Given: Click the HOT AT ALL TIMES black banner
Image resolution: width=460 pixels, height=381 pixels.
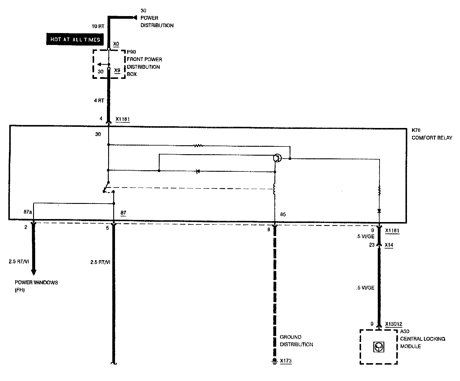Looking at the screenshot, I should tap(75, 39).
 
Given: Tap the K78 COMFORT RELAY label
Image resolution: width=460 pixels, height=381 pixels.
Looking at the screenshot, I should tap(432, 134).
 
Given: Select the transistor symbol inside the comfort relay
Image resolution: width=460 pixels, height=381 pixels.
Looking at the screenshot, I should tap(277, 158).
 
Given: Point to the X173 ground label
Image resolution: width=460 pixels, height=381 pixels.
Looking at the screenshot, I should tap(286, 361).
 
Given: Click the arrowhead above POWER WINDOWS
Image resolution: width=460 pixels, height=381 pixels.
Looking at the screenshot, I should tap(34, 272).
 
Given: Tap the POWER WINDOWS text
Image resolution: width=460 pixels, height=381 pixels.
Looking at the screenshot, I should tap(36, 282).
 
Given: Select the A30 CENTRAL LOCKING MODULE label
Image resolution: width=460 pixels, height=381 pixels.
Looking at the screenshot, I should tap(422, 339).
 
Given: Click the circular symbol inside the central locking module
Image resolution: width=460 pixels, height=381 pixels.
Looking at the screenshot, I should tap(378, 346).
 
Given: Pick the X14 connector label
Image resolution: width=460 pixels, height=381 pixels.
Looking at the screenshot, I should tap(389, 245).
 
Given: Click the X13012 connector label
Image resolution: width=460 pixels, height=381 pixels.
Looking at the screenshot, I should tap(394, 324).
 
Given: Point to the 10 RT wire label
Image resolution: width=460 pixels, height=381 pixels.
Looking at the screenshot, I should tap(98, 26).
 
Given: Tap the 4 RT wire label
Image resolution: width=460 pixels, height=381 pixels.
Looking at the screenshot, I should tap(99, 101).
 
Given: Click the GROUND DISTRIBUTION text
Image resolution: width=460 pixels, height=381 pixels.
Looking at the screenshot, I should tap(296, 341).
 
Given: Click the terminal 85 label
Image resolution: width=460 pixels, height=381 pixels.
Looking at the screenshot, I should tap(283, 214).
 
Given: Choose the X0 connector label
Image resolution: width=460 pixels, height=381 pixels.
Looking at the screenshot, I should tap(116, 44).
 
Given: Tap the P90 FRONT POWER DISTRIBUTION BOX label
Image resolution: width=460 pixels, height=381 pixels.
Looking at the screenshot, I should tap(144, 63).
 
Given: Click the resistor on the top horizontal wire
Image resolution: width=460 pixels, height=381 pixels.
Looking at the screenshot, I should tap(198, 146).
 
